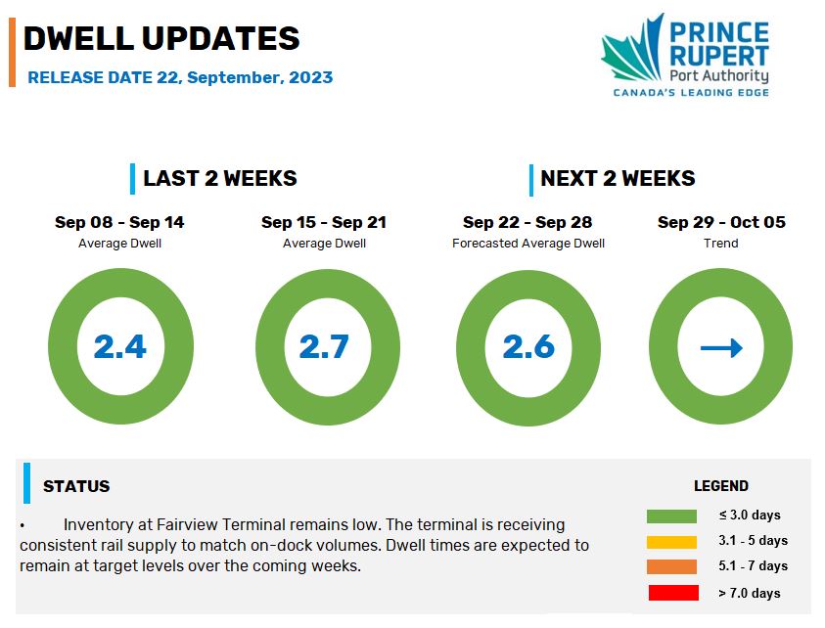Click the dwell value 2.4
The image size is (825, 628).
120,346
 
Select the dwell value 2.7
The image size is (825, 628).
324,346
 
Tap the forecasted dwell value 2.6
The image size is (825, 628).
528,346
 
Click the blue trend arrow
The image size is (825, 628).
721,347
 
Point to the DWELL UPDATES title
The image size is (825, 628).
161,38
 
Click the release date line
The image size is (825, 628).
180,77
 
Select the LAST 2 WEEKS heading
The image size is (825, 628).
220,178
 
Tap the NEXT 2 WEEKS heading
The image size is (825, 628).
618,178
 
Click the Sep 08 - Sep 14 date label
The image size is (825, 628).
119,222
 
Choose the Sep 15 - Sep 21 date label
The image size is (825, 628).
324,222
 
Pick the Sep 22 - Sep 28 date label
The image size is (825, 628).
527,222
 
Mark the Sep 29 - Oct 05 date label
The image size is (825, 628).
721,222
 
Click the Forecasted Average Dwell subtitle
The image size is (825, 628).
528,244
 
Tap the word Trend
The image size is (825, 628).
721,244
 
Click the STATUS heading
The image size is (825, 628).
76,486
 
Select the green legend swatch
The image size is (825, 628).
671,516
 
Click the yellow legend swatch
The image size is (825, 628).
671,542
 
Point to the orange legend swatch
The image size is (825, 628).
671,566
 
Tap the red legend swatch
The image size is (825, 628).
673,593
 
